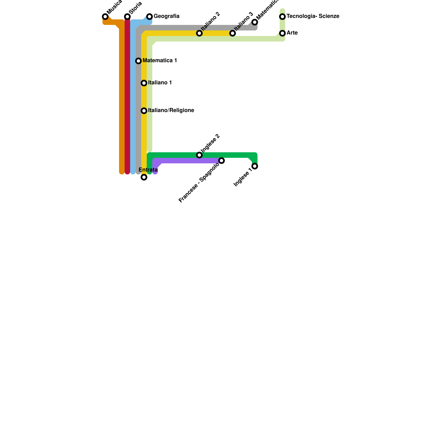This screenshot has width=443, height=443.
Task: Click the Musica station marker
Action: click(105, 17)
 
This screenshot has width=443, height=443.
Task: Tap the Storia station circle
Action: click(127, 17)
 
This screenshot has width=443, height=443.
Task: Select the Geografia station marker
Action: click(150, 17)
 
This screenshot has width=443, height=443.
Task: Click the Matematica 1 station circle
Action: click(138, 61)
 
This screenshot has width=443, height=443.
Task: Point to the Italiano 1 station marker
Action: click(144, 83)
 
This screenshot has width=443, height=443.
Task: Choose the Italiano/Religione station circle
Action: click(144, 111)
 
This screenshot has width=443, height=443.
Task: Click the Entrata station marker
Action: click(144, 177)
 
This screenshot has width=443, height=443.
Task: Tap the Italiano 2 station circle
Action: click(199, 33)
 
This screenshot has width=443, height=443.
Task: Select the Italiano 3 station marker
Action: click(233, 33)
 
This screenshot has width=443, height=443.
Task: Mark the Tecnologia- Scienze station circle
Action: click(282, 17)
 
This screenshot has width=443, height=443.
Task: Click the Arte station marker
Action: click(282, 33)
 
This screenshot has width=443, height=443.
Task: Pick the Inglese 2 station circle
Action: click(199, 155)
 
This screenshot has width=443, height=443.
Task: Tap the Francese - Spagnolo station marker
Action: click(221, 161)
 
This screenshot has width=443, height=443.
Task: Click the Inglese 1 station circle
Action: click(255, 166)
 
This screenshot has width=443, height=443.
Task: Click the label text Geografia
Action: click(166, 16)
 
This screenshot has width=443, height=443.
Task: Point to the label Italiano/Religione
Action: click(171, 110)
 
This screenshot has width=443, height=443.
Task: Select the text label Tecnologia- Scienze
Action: click(313, 16)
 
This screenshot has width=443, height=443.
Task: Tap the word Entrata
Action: click(148, 170)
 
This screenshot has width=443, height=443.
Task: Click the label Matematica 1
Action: click(160, 61)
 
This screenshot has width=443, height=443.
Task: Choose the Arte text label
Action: click(292, 33)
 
